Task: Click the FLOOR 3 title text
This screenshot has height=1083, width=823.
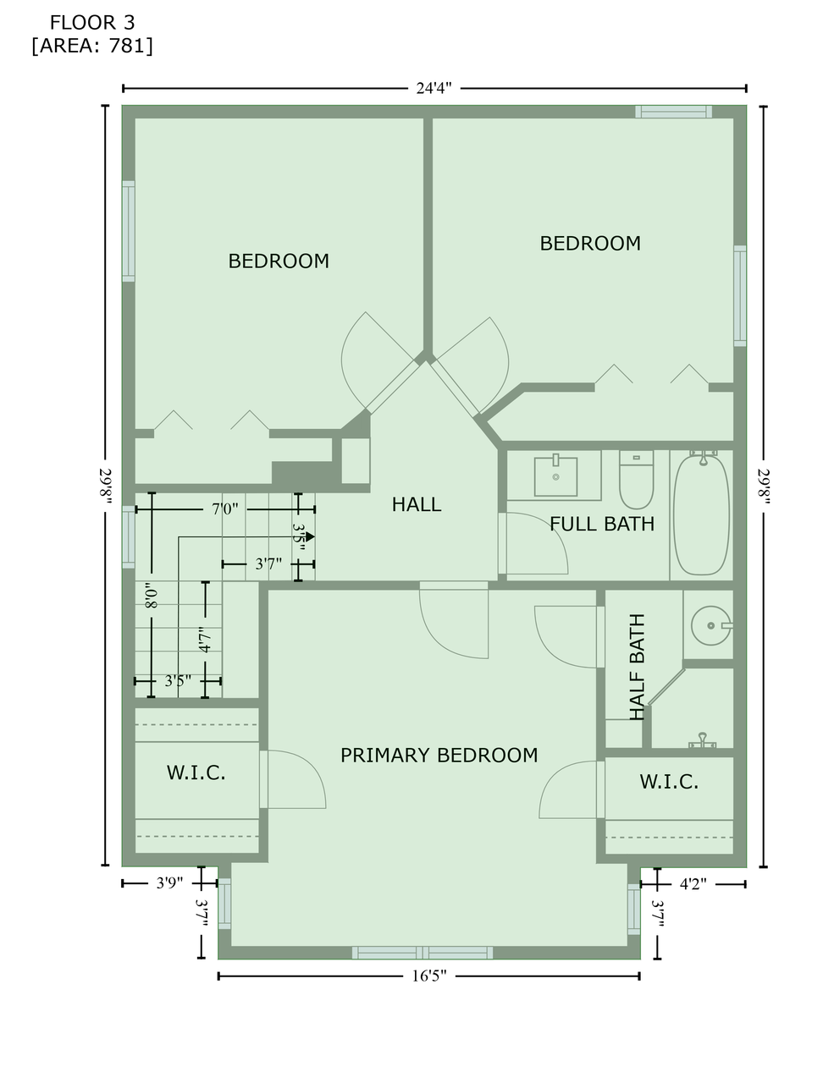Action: click(91, 23)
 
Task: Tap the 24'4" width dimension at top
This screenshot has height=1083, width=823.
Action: click(434, 88)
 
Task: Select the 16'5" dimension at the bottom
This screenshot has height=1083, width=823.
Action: click(429, 976)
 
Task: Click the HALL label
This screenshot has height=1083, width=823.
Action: click(417, 504)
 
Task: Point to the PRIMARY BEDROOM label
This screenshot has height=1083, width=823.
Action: click(439, 756)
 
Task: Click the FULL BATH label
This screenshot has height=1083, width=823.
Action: click(602, 524)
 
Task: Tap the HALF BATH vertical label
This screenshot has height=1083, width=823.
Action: click(637, 667)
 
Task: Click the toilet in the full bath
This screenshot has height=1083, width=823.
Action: click(637, 479)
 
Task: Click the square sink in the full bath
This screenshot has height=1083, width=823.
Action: click(555, 476)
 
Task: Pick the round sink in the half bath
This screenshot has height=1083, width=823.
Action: click(711, 625)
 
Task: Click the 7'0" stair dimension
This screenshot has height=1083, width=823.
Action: click(224, 509)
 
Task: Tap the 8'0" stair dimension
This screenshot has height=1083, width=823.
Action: click(152, 596)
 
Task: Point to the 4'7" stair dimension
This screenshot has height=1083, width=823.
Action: click(206, 640)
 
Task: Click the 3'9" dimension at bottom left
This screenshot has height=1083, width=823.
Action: click(169, 882)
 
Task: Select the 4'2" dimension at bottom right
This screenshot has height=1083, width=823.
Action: click(693, 883)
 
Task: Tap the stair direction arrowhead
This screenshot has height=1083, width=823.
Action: click(310, 536)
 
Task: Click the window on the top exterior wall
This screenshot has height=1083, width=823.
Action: click(673, 112)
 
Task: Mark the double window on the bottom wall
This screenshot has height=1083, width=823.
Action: click(423, 952)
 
